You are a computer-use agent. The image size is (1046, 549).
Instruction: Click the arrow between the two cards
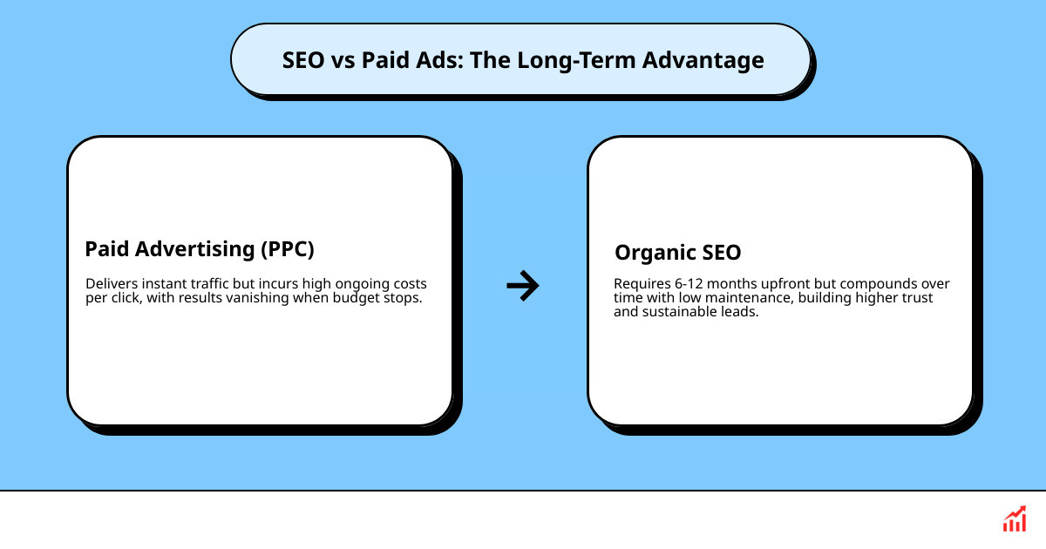point(522,285)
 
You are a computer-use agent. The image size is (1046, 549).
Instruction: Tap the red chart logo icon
point(1014,519)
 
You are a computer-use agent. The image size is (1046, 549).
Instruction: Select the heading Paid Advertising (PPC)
point(199,249)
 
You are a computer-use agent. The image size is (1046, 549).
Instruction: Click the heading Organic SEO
point(677,253)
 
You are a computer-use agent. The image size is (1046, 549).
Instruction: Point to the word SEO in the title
point(303,60)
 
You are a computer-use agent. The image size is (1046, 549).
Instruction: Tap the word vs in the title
point(343,60)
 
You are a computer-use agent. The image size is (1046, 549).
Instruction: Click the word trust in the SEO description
point(915,297)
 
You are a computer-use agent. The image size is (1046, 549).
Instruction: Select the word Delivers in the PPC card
point(109,284)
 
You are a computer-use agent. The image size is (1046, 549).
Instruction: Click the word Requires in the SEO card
point(640,284)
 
